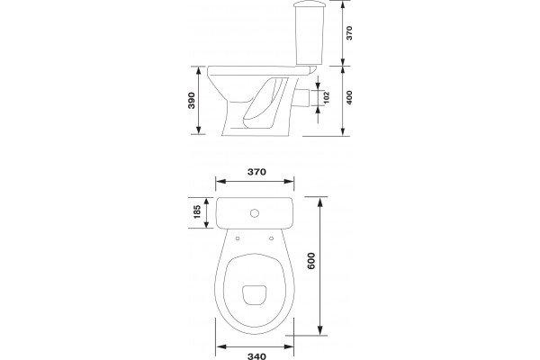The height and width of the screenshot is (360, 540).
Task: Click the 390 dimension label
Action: click(192, 100)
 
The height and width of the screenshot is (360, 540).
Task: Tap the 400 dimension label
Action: click(349, 97)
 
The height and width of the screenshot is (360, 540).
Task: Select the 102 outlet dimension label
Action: click(327, 97)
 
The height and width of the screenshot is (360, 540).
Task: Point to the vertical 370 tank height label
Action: click(349, 32)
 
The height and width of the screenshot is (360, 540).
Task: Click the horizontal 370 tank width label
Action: click(256, 172)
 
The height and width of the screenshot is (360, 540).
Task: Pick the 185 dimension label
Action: click(197, 211)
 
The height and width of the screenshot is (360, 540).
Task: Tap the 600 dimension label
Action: click(311, 261)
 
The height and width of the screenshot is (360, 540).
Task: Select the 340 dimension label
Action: click(256, 356)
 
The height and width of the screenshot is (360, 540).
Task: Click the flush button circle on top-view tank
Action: click(255, 213)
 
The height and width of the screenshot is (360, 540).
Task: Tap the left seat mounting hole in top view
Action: click(238, 238)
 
